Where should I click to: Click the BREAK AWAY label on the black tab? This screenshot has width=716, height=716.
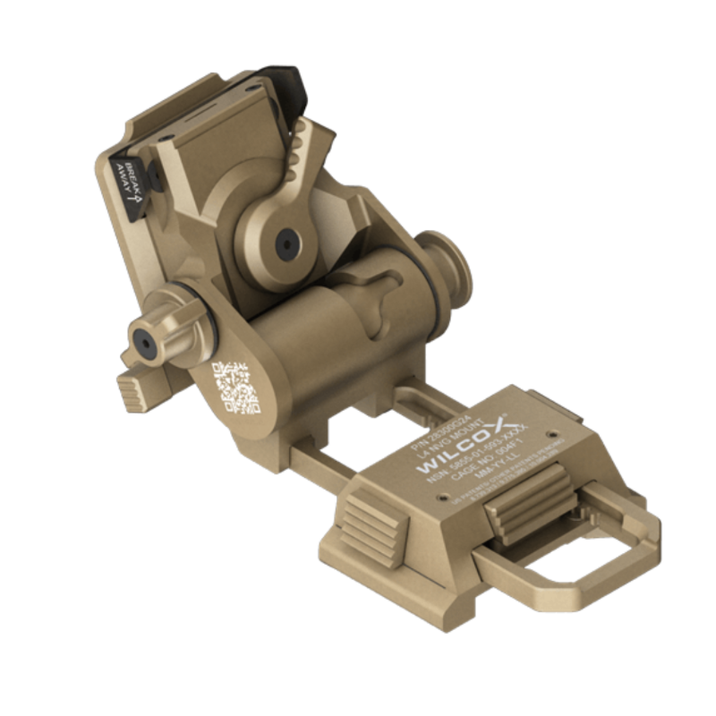point(127,176)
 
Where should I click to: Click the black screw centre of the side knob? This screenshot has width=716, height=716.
point(142,337)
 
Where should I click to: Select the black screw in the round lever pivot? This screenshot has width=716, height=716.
point(287,241)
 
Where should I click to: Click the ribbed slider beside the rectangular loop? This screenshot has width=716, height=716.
point(528,505)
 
